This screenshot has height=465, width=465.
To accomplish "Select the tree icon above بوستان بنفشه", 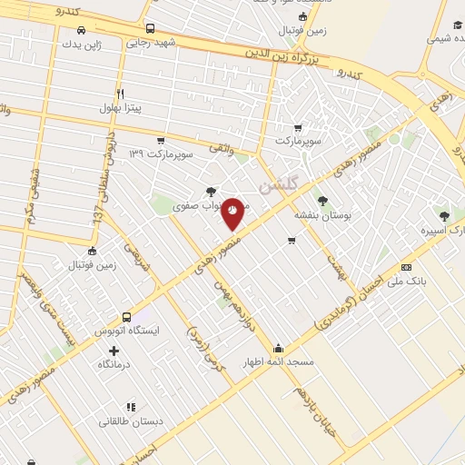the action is coord(321,202).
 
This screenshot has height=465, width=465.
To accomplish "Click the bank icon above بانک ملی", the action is coord(406,267).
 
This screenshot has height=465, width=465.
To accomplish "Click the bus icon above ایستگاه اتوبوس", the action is coord(126,318).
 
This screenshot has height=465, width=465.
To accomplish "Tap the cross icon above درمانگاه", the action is coord(114,351).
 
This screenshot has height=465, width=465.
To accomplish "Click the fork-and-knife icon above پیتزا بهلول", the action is coord(120,93).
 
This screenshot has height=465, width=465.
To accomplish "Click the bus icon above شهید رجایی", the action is coord(151,28).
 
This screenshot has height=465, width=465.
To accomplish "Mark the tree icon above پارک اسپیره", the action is coord(443,216).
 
